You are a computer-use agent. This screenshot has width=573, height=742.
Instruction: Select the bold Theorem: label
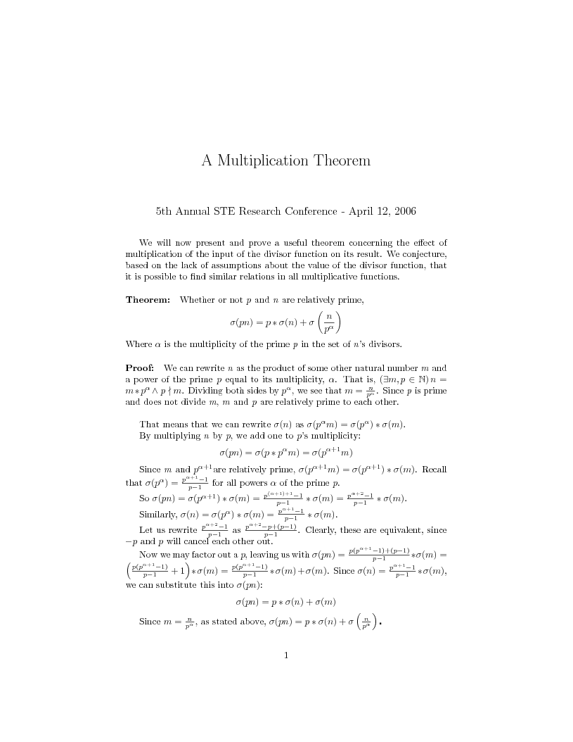point(148,301)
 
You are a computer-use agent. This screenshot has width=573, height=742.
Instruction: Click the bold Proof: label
point(141,367)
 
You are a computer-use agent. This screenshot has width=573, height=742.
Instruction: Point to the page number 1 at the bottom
point(286,656)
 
